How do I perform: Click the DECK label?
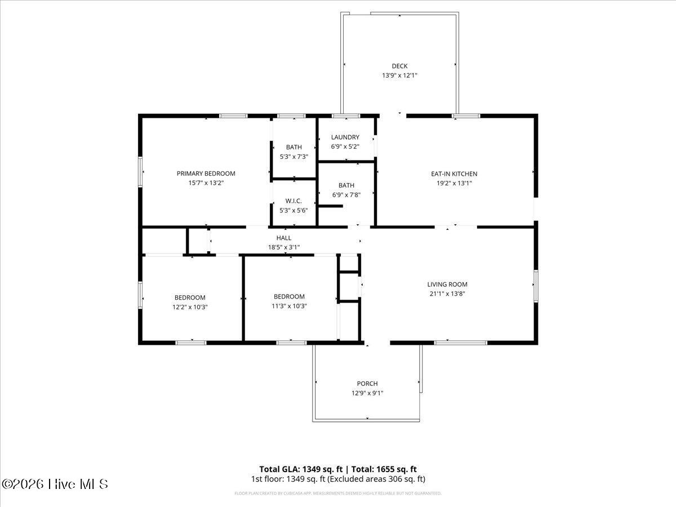(399, 66)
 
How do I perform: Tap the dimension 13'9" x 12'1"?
(399, 75)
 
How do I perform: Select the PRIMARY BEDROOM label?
(206, 174)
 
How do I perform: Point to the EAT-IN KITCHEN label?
(454, 174)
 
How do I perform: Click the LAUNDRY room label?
(345, 137)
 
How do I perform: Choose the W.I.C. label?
(293, 201)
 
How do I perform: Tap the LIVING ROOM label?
(447, 284)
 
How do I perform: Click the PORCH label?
(367, 384)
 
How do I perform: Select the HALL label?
(283, 238)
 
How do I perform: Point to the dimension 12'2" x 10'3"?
(190, 307)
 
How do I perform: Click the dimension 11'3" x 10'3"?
(289, 306)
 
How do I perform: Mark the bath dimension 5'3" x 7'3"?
(293, 157)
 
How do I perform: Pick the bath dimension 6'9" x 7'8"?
(346, 195)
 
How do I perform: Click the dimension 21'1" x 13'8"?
(447, 293)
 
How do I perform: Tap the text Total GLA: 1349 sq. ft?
(300, 469)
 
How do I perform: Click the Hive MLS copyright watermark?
(55, 484)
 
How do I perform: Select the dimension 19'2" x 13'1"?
(454, 183)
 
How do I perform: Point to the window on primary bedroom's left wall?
(140, 171)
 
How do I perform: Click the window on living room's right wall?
(536, 286)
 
